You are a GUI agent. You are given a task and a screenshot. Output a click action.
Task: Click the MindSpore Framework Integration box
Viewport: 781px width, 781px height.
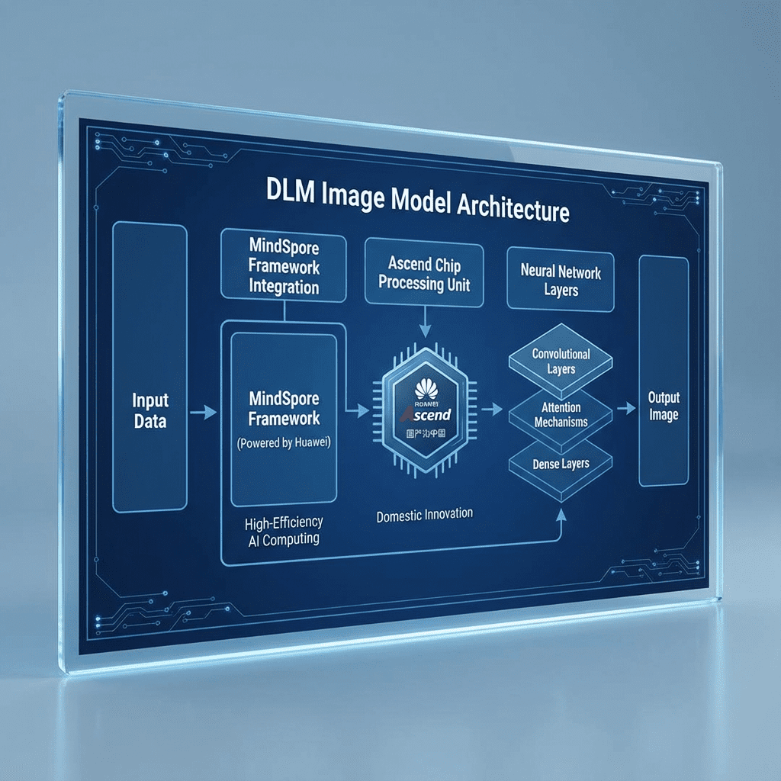(284, 266)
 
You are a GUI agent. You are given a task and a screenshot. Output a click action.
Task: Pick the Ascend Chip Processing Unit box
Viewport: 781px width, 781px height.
(424, 274)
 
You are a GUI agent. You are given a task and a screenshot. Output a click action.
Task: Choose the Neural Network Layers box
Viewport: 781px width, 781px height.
(561, 281)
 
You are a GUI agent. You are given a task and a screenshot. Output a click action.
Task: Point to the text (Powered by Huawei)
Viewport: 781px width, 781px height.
(283, 442)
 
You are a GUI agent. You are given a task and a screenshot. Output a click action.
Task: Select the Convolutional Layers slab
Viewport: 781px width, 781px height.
(561, 361)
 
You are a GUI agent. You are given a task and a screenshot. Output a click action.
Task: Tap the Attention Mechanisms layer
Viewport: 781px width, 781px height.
(561, 414)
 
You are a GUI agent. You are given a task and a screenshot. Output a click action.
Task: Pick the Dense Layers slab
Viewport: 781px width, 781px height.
(561, 463)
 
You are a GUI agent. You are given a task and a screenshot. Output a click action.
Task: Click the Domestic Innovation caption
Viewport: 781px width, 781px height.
(424, 515)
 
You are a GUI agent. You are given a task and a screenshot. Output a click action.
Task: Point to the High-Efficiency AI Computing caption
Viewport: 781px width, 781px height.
(284, 531)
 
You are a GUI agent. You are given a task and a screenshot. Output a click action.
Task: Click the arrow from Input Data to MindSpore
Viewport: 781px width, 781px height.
(204, 413)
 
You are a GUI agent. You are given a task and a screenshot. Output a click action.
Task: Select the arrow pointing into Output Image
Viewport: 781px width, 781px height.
(626, 409)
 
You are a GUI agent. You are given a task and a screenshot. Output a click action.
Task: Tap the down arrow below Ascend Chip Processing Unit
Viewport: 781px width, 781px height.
(425, 323)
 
